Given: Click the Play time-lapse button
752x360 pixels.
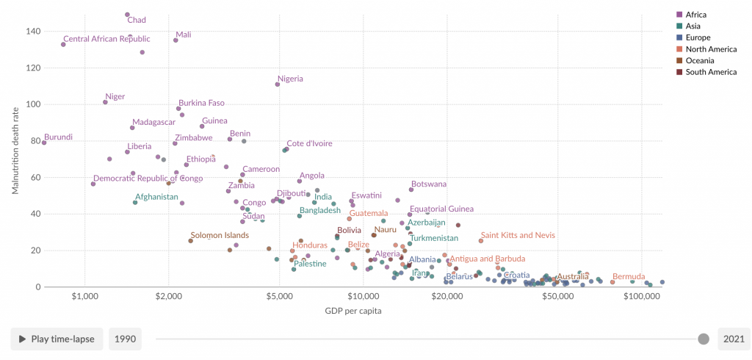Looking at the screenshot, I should tap(57, 339).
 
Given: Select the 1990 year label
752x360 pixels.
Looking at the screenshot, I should tap(125, 339).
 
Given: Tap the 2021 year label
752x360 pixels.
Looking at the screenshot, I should tap(734, 339).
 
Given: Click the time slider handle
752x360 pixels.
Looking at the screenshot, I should tap(703, 339).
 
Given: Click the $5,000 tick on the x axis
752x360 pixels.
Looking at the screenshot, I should tap(279, 296).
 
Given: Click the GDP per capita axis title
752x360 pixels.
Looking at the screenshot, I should tap(352, 310).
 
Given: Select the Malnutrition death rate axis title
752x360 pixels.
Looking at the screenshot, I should tap(15, 151).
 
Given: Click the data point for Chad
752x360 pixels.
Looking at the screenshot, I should tap(127, 15).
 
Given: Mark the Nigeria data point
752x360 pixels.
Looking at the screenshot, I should tap(278, 84).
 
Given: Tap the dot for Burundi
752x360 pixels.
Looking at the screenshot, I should tap(44, 143).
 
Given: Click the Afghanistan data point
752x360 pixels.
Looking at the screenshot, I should tap(135, 202).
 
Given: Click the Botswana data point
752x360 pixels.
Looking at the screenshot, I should tap(411, 190).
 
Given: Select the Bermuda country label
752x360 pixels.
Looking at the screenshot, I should tap(629, 276).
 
